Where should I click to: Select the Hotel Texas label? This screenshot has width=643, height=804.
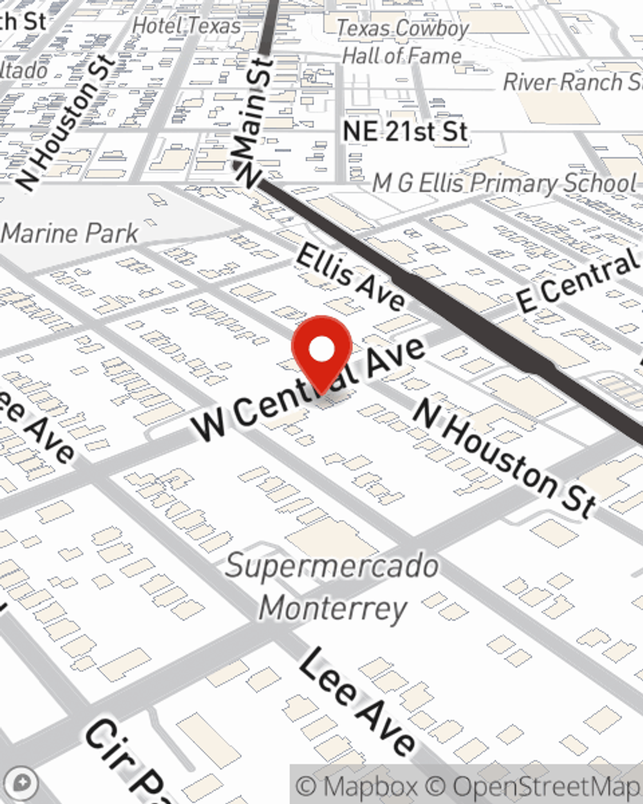186,26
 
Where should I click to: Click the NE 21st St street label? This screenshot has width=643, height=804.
404,131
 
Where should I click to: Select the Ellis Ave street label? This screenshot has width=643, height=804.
350,275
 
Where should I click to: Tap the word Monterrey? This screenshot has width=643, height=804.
333,608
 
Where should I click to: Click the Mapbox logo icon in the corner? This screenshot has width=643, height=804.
22,783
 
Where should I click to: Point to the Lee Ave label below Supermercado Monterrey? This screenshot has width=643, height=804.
358,702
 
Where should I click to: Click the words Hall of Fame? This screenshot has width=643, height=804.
401,56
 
